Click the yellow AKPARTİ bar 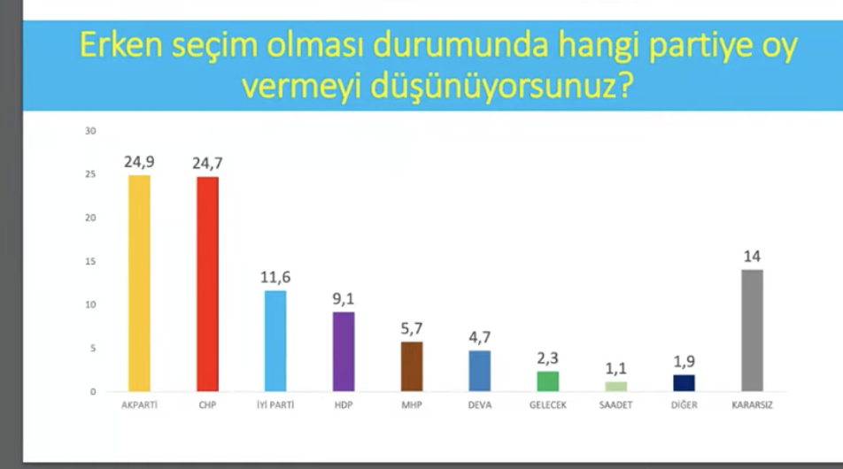(x=139, y=283)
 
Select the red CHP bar (x=207, y=284)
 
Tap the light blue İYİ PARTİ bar (x=275, y=342)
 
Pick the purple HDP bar (x=344, y=352)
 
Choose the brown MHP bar (x=412, y=366)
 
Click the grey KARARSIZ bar (x=752, y=330)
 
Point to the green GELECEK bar (x=548, y=381)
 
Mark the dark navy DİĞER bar (x=684, y=383)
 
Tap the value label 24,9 (x=139, y=162)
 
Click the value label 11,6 (x=275, y=277)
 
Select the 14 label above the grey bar (x=752, y=257)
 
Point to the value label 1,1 (x=616, y=368)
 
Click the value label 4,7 (x=480, y=337)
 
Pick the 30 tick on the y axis (x=90, y=131)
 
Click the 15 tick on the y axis (x=90, y=262)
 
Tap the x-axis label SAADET (x=616, y=405)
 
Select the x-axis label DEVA (x=480, y=405)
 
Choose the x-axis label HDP (x=344, y=405)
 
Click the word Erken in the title (x=121, y=45)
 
